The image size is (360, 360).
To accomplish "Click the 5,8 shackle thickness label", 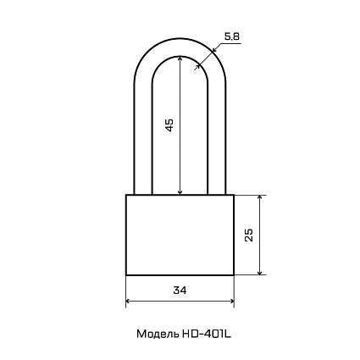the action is point(232,36).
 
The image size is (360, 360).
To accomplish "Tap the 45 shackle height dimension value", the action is point(169,125).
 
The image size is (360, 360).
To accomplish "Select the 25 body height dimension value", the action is point(249,235).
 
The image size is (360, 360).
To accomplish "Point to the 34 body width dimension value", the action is point(180,290).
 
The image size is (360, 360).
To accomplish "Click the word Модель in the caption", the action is point(158,334).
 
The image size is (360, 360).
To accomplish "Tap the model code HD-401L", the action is point(207,334).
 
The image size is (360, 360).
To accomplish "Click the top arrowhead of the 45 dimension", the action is point(180,58).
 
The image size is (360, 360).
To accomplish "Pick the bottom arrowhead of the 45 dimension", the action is point(180,192).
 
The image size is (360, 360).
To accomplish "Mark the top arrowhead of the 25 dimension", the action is point(260,197).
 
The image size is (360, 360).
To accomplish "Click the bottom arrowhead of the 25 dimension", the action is point(260,272).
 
